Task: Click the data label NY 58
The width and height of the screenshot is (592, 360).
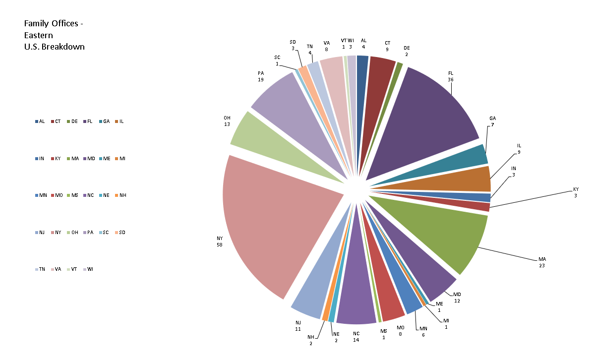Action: pos(220,241)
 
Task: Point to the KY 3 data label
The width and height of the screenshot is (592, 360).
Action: pos(576,192)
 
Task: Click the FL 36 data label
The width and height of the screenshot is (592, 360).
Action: pos(451,76)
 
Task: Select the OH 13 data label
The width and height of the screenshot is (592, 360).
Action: pos(227,121)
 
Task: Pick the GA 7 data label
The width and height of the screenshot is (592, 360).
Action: pos(492,121)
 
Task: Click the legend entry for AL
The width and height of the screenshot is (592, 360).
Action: pos(40,121)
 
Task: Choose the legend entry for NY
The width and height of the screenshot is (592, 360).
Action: pos(56,232)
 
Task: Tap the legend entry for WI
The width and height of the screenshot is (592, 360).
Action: pos(88,269)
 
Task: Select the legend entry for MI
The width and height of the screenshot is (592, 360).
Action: pos(119,158)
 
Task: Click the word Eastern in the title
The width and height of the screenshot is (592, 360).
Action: pos(39,35)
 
